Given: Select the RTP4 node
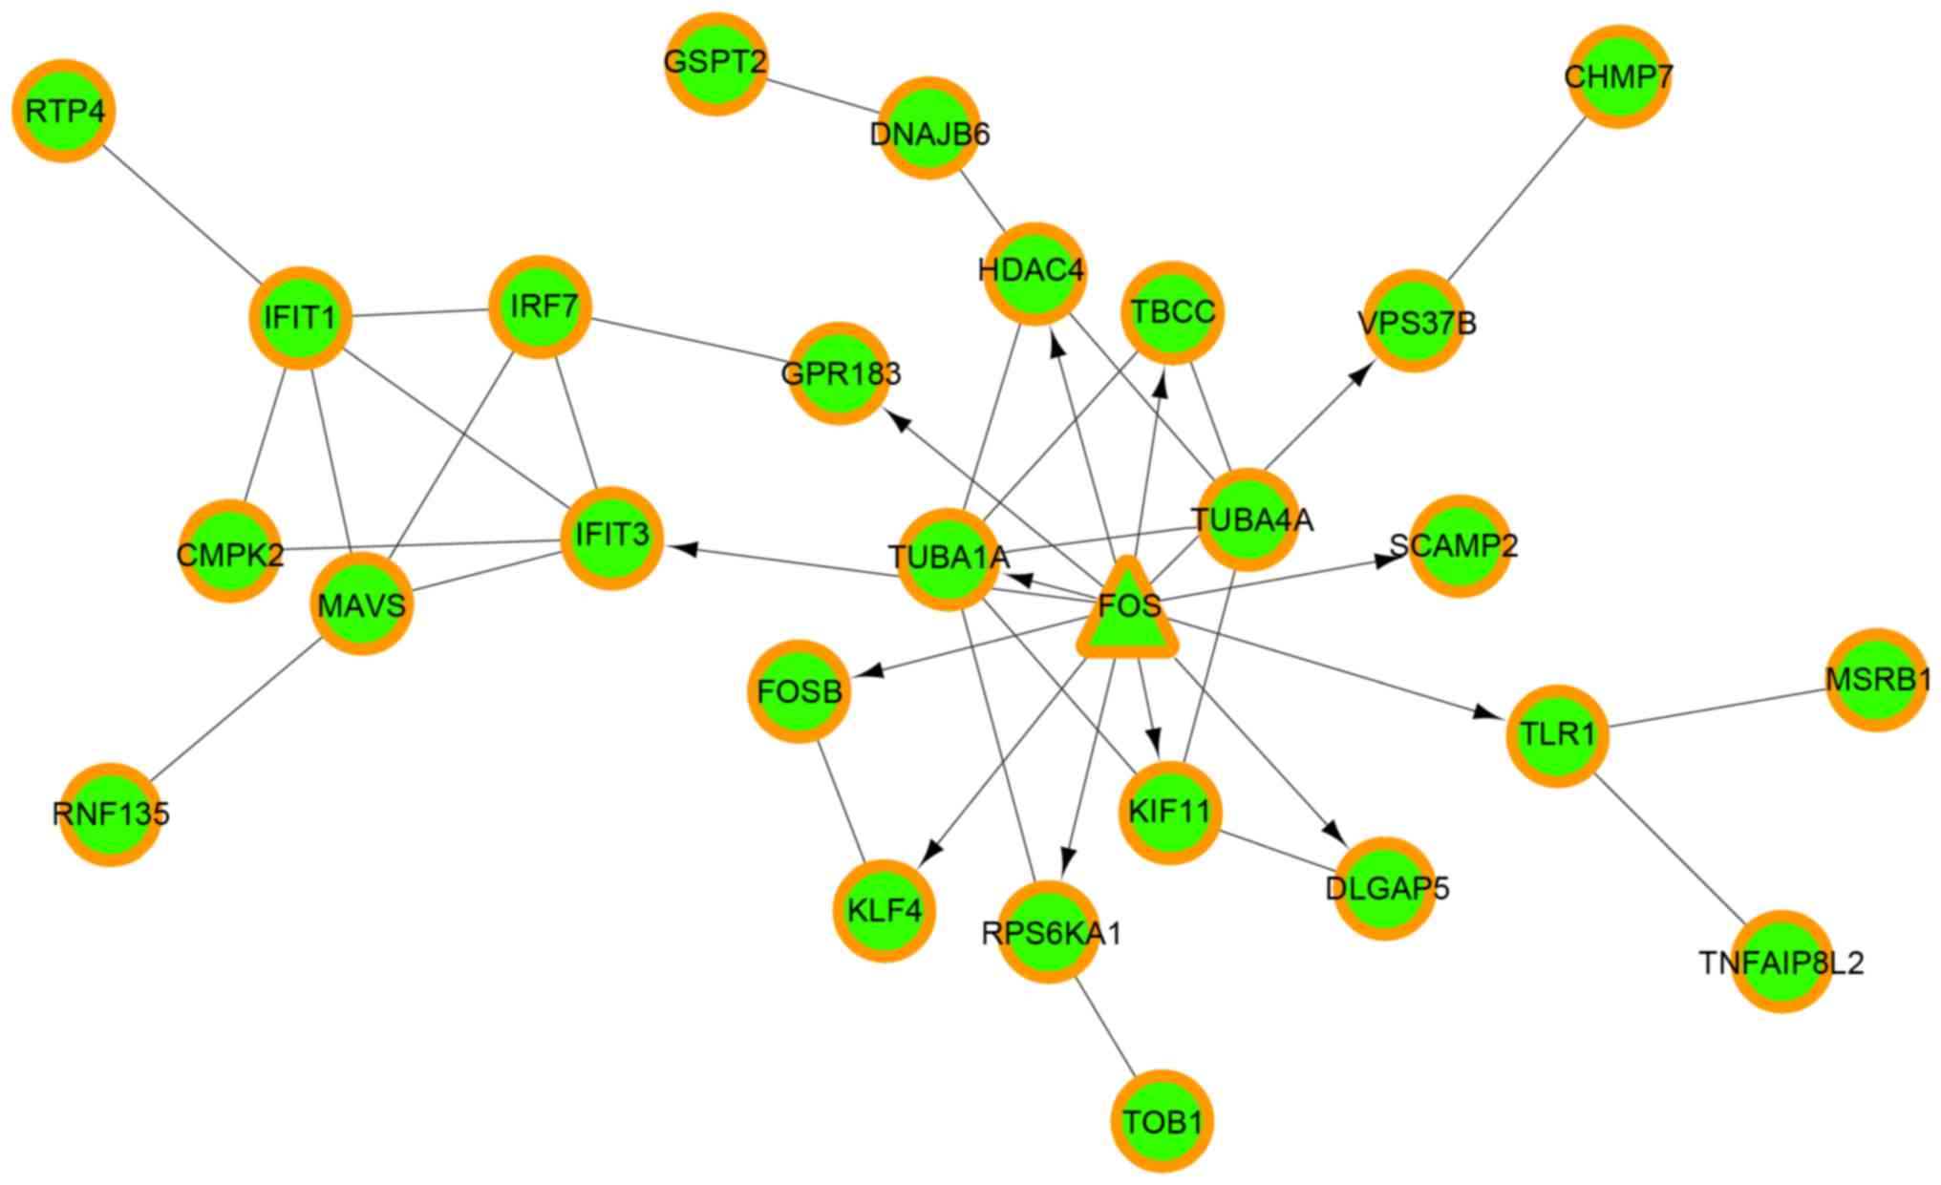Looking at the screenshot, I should pyautogui.click(x=64, y=112).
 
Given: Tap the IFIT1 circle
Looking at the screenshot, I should pyautogui.click(x=301, y=317).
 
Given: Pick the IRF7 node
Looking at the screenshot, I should pyautogui.click(x=541, y=307).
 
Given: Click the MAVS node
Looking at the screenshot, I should pyautogui.click(x=362, y=604).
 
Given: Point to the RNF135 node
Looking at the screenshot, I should pyautogui.click(x=111, y=815).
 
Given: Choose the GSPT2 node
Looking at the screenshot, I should pyautogui.click(x=715, y=64).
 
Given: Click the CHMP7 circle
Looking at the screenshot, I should pyautogui.click(x=1618, y=77).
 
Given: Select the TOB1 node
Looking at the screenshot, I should pyautogui.click(x=1162, y=1121).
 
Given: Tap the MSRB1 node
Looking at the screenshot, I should pyautogui.click(x=1877, y=680).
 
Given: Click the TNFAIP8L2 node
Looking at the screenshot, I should pyautogui.click(x=1781, y=962).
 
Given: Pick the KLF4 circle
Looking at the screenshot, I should pyautogui.click(x=885, y=910).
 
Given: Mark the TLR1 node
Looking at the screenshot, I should pyautogui.click(x=1558, y=735).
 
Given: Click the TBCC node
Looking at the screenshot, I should pyautogui.click(x=1173, y=312).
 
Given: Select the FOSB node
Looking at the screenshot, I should pyautogui.click(x=800, y=691).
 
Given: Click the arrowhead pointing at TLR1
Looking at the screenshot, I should pyautogui.click(x=1484, y=712).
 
